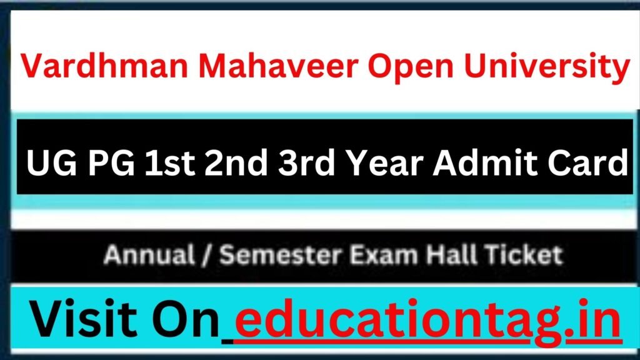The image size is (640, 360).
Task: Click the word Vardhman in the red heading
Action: click(x=104, y=66)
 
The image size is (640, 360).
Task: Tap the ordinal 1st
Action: click(x=170, y=162)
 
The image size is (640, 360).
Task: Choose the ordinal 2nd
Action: click(x=236, y=162)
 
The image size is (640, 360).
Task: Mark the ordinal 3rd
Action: click(x=306, y=162)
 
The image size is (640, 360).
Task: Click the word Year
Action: click(x=384, y=162)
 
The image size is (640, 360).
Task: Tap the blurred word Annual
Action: click(x=149, y=255)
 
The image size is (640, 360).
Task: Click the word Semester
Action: click(x=281, y=255)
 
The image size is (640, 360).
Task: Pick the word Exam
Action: click(x=384, y=255)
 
